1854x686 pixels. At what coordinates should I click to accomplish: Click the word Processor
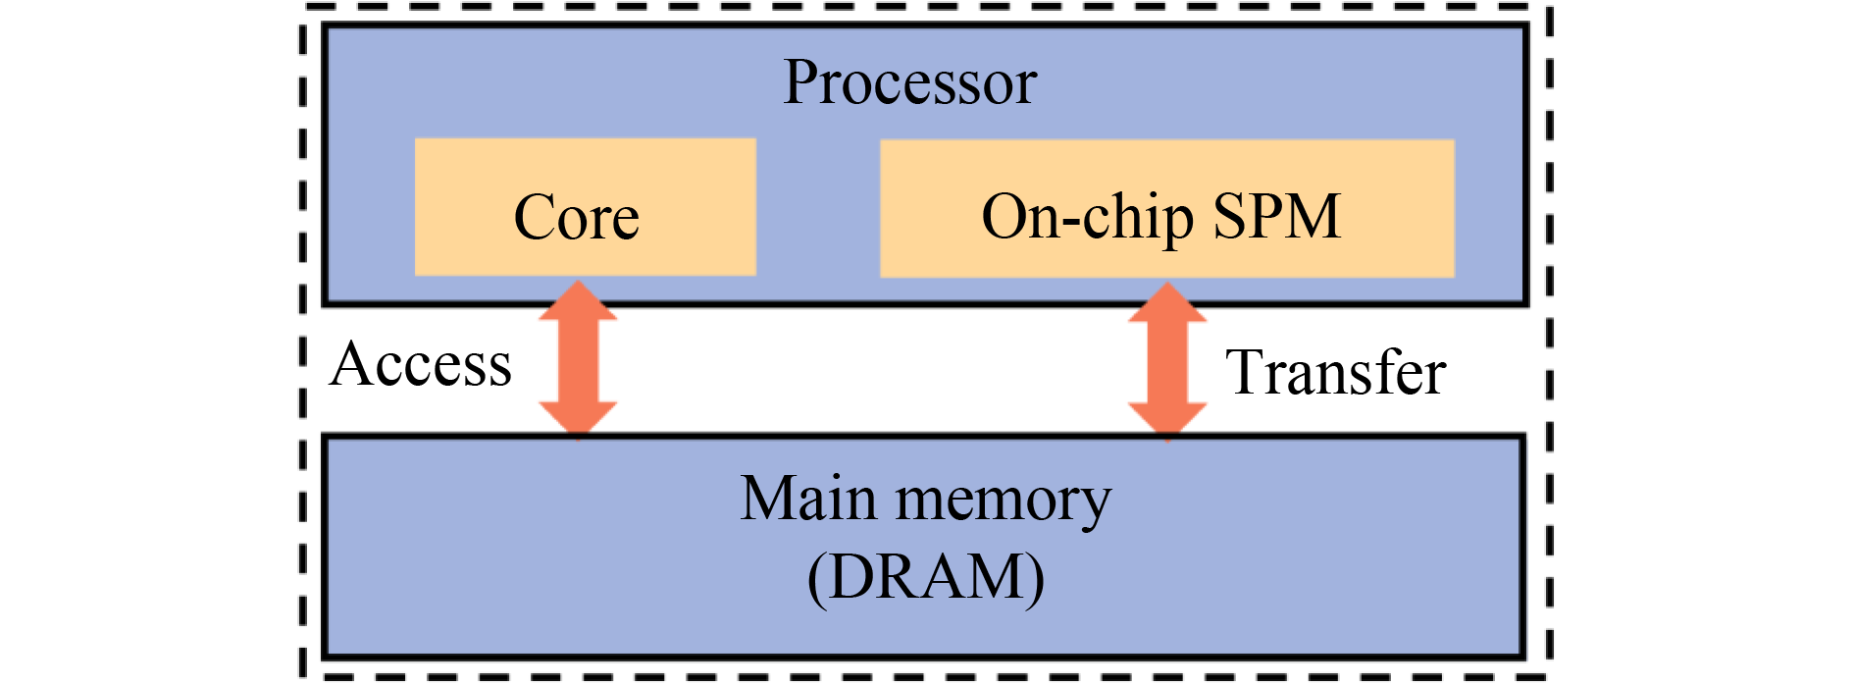click(909, 82)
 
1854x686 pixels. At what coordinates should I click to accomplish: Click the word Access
click(421, 365)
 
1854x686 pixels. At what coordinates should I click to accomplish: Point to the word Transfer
click(1335, 373)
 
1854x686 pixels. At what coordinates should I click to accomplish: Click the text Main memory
click(925, 500)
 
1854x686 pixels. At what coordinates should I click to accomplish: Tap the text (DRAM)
click(925, 577)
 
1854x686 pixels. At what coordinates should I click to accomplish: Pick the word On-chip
click(1087, 218)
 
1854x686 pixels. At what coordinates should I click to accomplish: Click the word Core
click(576, 218)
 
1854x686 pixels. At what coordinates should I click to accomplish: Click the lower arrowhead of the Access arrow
click(578, 419)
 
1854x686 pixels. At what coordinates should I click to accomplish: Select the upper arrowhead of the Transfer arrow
click(1166, 302)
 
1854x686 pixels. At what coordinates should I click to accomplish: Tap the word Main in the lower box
click(807, 500)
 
